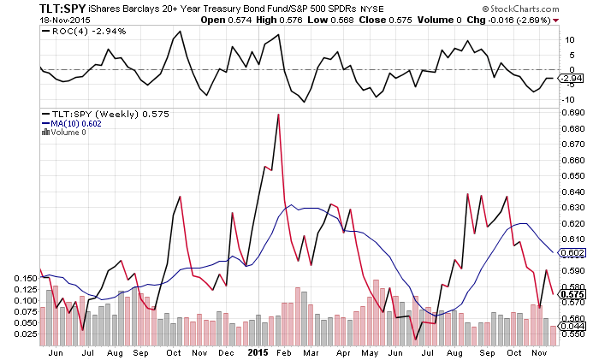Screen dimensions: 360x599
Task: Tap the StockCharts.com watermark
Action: (x=544, y=8)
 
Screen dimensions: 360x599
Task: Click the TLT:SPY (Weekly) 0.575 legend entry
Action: (x=96, y=114)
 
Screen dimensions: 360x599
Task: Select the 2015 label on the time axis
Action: (x=258, y=351)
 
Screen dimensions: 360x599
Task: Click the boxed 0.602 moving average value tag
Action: (x=574, y=252)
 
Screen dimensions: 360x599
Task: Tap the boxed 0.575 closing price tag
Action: (x=574, y=294)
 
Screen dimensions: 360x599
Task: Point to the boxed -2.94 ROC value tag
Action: (x=572, y=79)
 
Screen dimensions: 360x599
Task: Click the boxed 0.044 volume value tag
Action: (x=574, y=325)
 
